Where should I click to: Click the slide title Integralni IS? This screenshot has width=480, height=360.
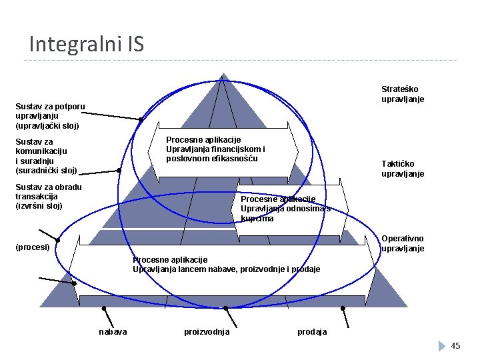[86, 44]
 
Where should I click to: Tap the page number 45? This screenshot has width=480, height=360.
[456, 345]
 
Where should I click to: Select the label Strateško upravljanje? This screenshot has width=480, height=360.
[403, 94]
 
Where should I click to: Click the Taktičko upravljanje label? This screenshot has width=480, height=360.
[403, 169]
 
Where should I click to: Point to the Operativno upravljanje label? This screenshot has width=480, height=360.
[403, 243]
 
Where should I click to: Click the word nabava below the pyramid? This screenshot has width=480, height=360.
[113, 332]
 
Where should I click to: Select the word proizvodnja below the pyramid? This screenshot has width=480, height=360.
[207, 332]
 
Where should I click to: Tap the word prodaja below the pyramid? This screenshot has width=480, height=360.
[312, 332]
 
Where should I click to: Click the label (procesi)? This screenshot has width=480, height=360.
[33, 247]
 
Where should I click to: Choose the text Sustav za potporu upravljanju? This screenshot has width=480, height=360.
[50, 115]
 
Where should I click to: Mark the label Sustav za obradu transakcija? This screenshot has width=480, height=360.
[48, 196]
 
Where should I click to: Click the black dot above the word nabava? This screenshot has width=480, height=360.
[103, 308]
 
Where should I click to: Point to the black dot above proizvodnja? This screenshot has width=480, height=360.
[226, 308]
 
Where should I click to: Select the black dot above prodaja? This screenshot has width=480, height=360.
[343, 308]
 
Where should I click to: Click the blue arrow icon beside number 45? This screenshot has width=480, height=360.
[442, 346]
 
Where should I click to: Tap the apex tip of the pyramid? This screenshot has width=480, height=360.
[223, 74]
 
